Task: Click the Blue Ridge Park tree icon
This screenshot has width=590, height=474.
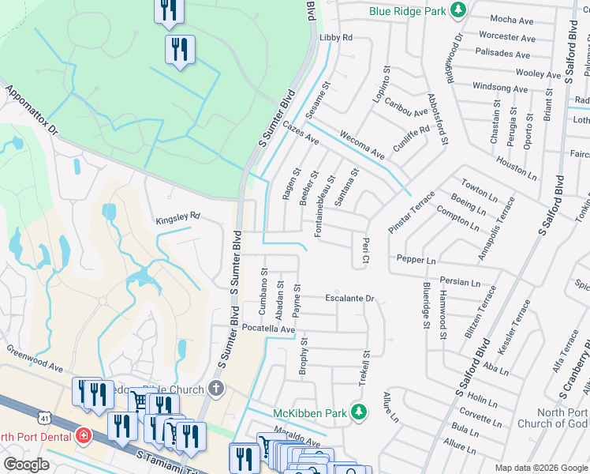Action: tap(457, 11)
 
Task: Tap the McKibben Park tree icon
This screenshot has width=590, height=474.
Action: tap(359, 412)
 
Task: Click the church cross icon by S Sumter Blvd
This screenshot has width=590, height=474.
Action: tap(217, 389)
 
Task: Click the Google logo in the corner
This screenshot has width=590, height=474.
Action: tap(26, 465)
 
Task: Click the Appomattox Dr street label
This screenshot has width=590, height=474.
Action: tap(32, 111)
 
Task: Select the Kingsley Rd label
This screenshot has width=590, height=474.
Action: tap(177, 215)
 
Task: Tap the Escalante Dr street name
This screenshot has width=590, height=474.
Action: tap(349, 299)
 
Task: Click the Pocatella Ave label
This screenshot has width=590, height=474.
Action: tap(268, 328)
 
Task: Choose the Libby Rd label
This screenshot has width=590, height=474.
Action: tap(335, 37)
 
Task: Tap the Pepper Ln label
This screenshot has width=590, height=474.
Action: tap(416, 259)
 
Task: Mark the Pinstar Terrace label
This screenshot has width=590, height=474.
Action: tap(411, 212)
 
